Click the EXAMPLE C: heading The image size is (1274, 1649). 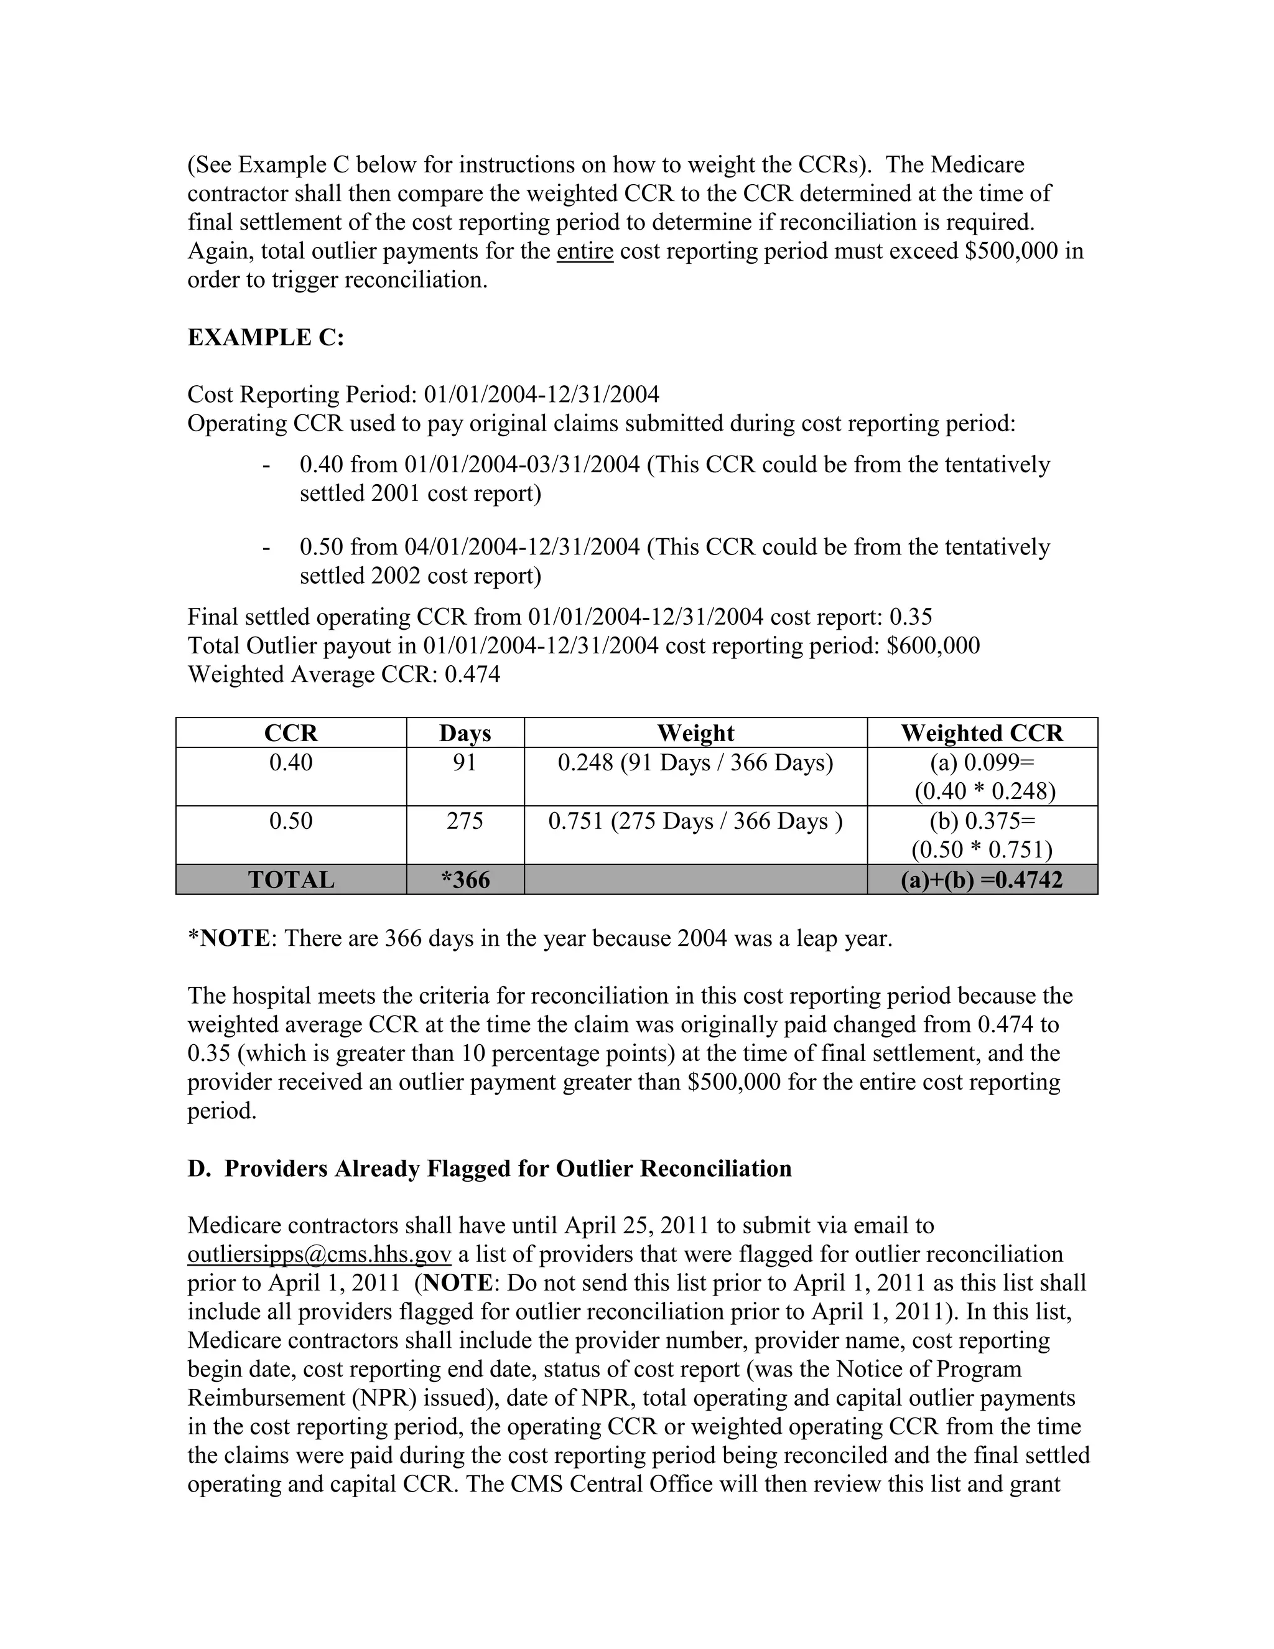[x=266, y=337]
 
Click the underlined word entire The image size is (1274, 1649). [x=585, y=251]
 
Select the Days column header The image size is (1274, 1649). [x=465, y=733]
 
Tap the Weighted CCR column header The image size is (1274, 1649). [x=982, y=733]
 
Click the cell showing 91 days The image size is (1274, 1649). [x=465, y=763]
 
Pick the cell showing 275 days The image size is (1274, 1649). [x=465, y=821]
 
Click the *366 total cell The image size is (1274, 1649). [x=465, y=880]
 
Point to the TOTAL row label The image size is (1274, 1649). [x=291, y=880]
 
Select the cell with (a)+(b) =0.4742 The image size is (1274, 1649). [x=982, y=880]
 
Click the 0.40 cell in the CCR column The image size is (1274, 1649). [x=291, y=763]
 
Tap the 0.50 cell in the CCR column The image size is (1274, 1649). [x=291, y=821]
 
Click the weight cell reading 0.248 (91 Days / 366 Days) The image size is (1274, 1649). [x=695, y=763]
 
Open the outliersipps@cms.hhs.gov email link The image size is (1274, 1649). [x=319, y=1254]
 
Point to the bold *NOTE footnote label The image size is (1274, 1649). [x=229, y=938]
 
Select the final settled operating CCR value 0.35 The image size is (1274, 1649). [x=910, y=617]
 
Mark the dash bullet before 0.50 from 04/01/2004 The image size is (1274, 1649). [x=266, y=548]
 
